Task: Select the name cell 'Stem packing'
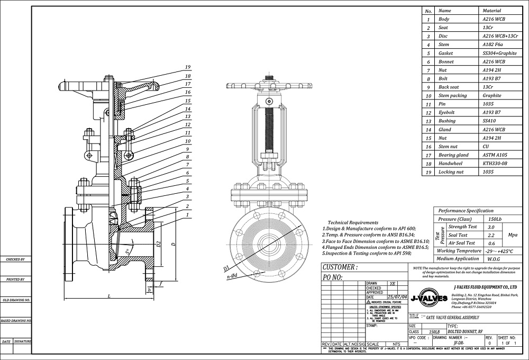tap(453, 96)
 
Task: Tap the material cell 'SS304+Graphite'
tap(500, 53)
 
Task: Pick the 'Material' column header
tap(492, 11)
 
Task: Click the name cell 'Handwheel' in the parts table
tap(450, 164)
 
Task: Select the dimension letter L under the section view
tap(108, 295)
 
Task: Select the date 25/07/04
tap(398, 297)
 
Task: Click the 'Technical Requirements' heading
tap(353, 223)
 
